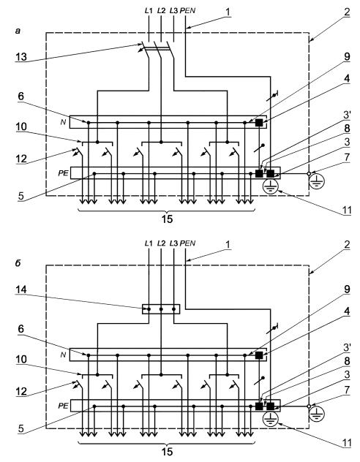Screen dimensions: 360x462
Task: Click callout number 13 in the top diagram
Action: [x=21, y=57]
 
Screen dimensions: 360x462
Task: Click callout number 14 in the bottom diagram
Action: [x=21, y=289]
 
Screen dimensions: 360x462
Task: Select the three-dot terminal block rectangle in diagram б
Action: [x=161, y=309]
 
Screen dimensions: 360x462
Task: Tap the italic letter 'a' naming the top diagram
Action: [x=18, y=31]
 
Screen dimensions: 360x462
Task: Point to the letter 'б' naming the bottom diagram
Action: [x=18, y=262]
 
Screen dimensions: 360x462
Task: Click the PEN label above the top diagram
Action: [x=187, y=11]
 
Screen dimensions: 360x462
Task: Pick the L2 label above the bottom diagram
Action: [x=161, y=243]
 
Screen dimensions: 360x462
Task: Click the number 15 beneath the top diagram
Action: [x=167, y=219]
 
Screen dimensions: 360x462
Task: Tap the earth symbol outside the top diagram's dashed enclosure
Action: [x=317, y=182]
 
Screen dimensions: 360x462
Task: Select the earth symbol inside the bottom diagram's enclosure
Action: [x=271, y=420]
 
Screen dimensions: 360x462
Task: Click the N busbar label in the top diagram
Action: [x=63, y=122]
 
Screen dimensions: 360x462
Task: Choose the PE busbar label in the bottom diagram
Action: [x=63, y=406]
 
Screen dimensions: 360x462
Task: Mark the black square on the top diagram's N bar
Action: [x=259, y=123]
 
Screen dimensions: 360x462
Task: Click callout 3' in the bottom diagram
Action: [x=347, y=347]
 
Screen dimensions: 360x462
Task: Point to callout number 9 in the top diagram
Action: [x=347, y=56]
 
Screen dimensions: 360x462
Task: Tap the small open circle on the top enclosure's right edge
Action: [x=309, y=173]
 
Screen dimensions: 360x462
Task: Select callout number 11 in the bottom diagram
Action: [x=346, y=443]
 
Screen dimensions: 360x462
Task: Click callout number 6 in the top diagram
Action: [x=21, y=96]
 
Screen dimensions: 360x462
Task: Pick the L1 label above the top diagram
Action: [x=149, y=11]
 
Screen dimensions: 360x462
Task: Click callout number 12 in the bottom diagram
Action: [x=21, y=392]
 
